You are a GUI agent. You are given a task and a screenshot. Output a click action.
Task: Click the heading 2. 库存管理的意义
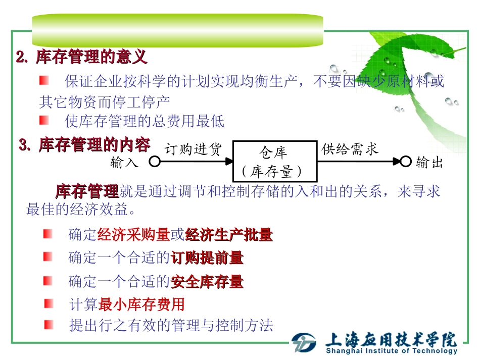pyautogui.click(x=82, y=57)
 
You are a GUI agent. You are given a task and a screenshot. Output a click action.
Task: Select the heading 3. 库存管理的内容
pyautogui.click(x=84, y=145)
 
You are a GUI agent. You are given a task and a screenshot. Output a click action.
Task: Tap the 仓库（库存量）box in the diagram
pyautogui.click(x=275, y=162)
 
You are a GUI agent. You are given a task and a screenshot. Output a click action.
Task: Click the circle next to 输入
pyautogui.click(x=155, y=162)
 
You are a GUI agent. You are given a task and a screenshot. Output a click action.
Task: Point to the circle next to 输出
pyautogui.click(x=405, y=162)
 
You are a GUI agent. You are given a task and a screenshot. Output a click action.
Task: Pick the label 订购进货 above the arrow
pyautogui.click(x=193, y=149)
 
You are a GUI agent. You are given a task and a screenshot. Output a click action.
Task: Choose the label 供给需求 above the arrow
pyautogui.click(x=350, y=149)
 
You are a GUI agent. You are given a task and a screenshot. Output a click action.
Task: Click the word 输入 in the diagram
pyautogui.click(x=124, y=162)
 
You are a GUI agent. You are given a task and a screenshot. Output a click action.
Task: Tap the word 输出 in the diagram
pyautogui.click(x=429, y=162)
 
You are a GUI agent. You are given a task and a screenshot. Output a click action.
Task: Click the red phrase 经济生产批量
pyautogui.click(x=229, y=235)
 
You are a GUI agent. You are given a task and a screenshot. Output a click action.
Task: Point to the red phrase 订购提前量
pyautogui.click(x=207, y=258)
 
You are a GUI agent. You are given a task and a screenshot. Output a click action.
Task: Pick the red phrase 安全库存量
pyautogui.click(x=207, y=281)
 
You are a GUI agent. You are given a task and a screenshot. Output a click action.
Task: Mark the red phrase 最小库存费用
pyautogui.click(x=141, y=304)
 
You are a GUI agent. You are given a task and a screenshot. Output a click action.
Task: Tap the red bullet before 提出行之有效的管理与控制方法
pyautogui.click(x=48, y=324)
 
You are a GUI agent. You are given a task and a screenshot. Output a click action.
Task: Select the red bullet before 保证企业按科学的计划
pyautogui.click(x=44, y=80)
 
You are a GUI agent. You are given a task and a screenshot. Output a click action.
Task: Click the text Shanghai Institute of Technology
pyautogui.click(x=392, y=351)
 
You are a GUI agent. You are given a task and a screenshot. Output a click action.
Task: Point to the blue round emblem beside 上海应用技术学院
pyautogui.click(x=304, y=343)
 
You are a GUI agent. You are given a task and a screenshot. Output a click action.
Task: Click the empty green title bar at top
pyautogui.click(x=177, y=30)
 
